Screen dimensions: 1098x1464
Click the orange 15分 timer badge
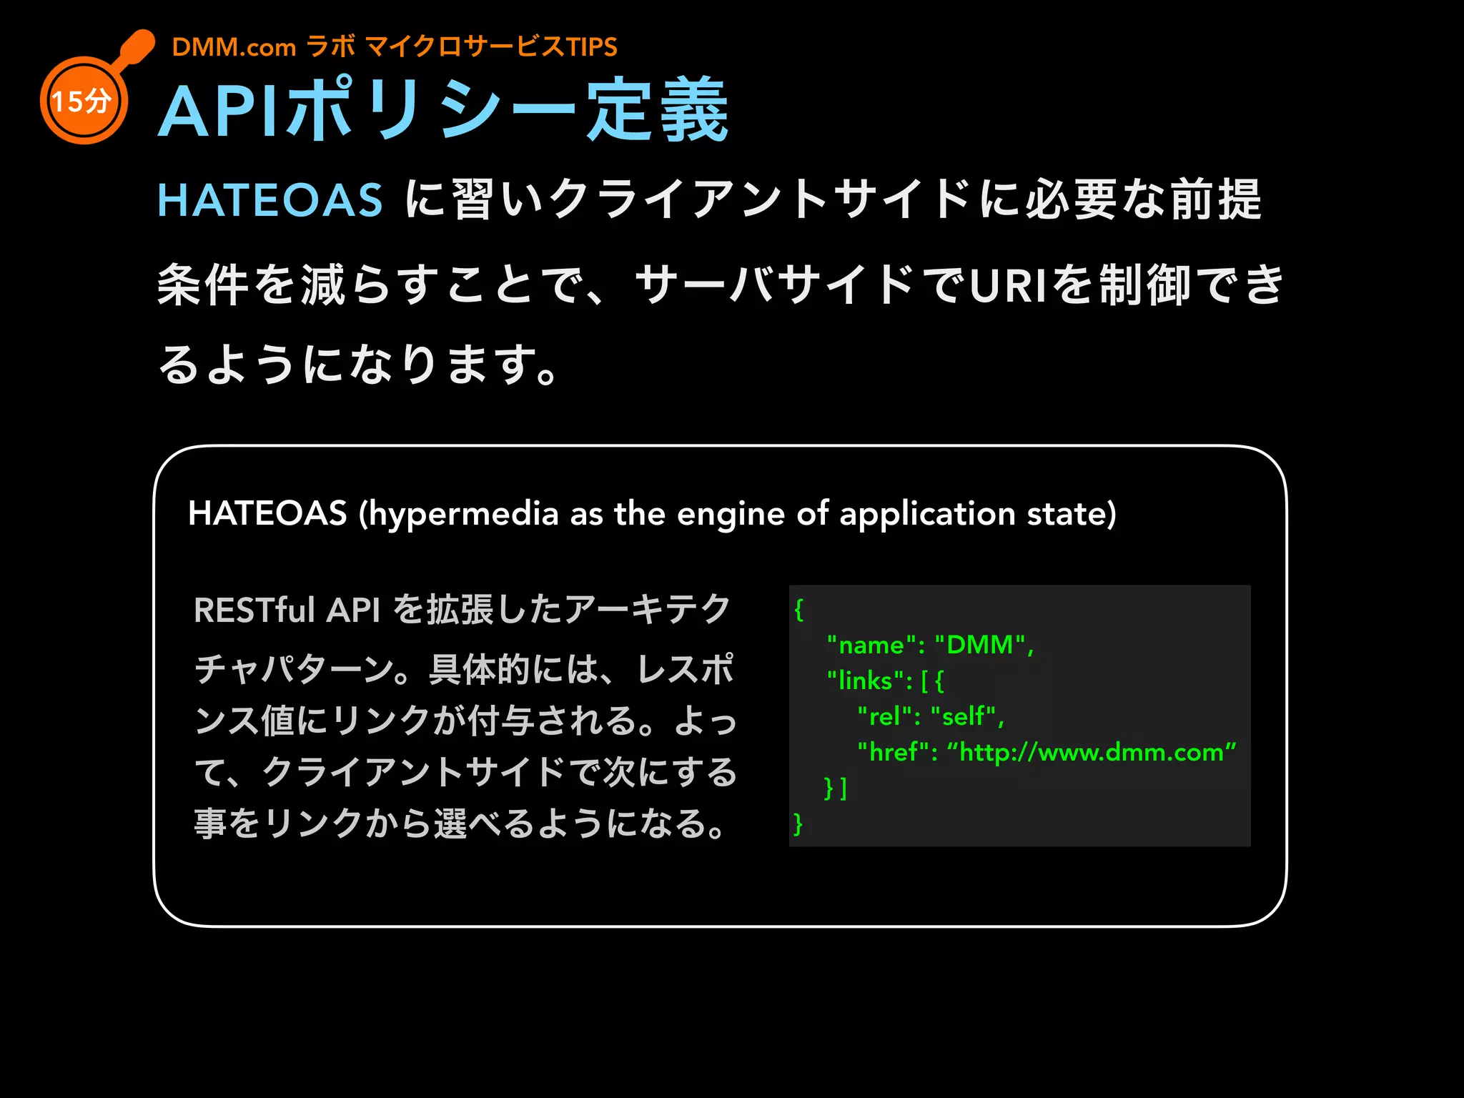[x=83, y=101]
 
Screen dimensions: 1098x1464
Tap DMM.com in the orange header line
[x=234, y=47]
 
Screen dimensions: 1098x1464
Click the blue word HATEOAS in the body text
[x=270, y=199]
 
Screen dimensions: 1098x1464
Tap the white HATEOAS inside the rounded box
[x=267, y=513]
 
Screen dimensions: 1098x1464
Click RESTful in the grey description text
[x=254, y=610]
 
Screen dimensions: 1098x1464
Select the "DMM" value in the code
[x=979, y=645]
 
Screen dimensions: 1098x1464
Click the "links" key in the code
[x=868, y=681]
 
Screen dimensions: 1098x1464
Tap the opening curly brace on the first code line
[x=799, y=610]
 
